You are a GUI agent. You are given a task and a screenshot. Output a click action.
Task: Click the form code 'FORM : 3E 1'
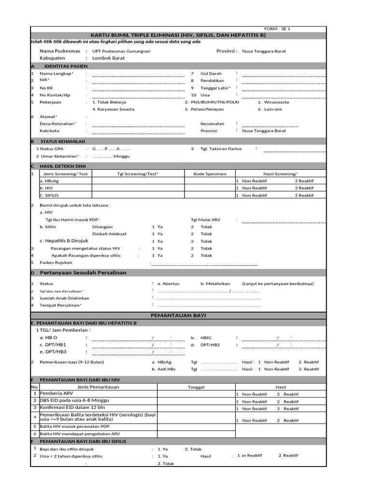pyautogui.click(x=277, y=29)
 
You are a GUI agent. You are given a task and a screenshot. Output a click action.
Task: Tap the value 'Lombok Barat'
pyautogui.click(x=108, y=58)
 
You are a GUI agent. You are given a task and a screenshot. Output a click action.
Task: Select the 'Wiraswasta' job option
pyautogui.click(x=275, y=102)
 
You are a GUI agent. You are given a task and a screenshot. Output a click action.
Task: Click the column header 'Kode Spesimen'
pyautogui.click(x=210, y=174)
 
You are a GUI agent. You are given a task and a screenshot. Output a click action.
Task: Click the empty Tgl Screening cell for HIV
pyautogui.click(x=138, y=188)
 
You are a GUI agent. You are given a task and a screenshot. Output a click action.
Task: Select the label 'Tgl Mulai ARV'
pyautogui.click(x=205, y=220)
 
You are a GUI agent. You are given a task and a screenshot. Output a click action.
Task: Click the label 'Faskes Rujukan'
pyautogui.click(x=56, y=262)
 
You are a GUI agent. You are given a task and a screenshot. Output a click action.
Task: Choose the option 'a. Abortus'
pyautogui.click(x=168, y=284)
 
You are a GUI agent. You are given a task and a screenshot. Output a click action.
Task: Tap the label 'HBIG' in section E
pyautogui.click(x=206, y=338)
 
